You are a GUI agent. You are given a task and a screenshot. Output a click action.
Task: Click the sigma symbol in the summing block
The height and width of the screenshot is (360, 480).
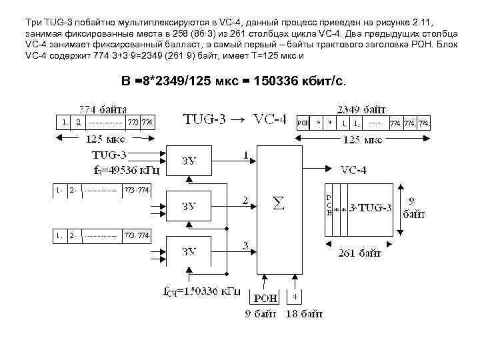tap(279, 203)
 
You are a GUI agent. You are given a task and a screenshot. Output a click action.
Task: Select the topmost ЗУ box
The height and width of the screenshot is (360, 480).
tap(189, 161)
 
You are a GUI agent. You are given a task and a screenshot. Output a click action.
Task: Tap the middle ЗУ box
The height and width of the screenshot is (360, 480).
tap(189, 205)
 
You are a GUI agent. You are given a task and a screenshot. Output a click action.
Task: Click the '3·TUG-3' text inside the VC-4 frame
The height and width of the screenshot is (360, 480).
tap(369, 209)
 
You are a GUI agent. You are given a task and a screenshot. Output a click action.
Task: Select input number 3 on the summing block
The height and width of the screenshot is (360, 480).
tap(245, 246)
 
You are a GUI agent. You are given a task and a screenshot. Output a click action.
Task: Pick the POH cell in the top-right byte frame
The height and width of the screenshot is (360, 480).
tap(303, 123)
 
